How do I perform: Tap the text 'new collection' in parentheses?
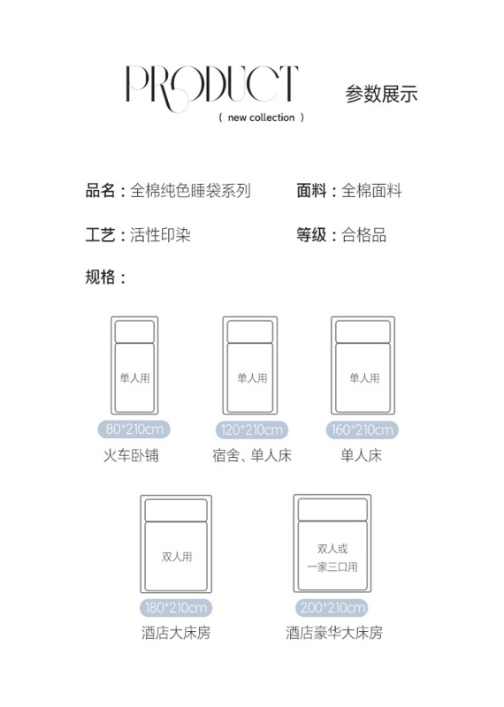coord(261,118)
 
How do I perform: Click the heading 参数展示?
coord(382,94)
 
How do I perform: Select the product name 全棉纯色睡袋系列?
coord(190,191)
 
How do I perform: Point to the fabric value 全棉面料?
coord(371,191)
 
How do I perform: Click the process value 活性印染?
coord(161,235)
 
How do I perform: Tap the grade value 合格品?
coord(364,235)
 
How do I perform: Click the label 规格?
coord(100,277)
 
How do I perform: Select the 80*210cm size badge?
coord(134,429)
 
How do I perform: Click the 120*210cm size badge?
coord(252,430)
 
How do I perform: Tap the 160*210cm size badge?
coord(363,430)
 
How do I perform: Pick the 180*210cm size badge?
coord(176,607)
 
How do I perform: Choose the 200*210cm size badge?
coord(332,607)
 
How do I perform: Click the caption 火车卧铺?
coord(131,455)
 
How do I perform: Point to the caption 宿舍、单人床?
coord(252,455)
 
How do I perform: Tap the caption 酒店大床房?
coord(176,633)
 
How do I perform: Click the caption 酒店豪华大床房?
coord(334,633)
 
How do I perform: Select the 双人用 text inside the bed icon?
coord(177,557)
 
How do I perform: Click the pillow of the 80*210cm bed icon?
coord(134,332)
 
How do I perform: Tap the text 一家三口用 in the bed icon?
coord(332,566)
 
